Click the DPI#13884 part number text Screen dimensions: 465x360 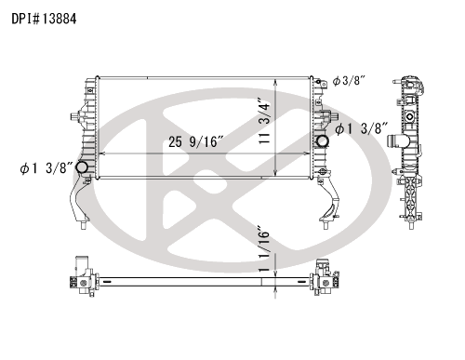tap(44, 19)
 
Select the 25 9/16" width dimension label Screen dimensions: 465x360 tap(195, 141)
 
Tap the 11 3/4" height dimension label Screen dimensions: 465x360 tap(265, 121)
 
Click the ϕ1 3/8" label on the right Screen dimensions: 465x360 tap(362, 128)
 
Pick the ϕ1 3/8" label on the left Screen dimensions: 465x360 tap(46, 168)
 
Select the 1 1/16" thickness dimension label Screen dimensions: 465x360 tap(264, 251)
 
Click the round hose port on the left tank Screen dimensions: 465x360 tap(82, 167)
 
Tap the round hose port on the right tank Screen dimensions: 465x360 tap(322, 141)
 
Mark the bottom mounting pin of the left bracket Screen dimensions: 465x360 tap(83, 225)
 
